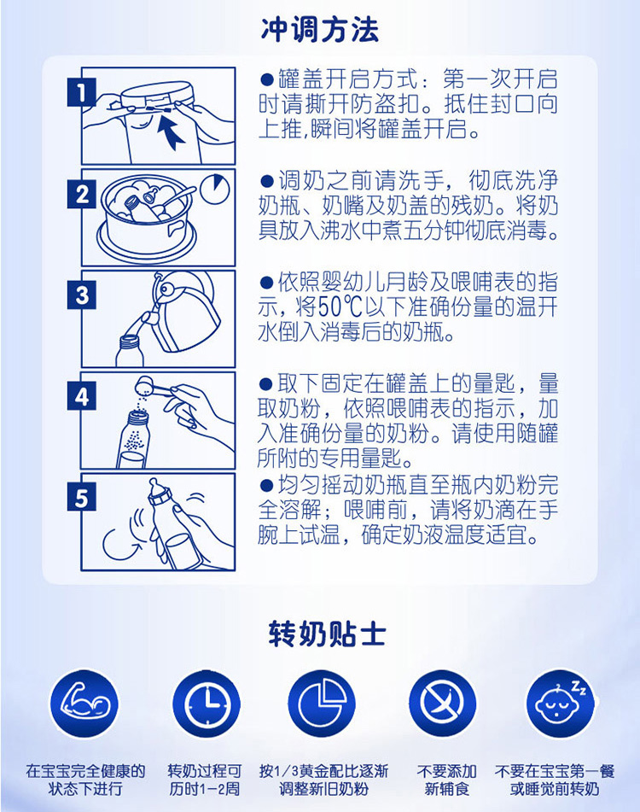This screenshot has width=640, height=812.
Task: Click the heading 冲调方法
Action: [320, 29]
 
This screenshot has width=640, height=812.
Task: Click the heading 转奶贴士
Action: [327, 634]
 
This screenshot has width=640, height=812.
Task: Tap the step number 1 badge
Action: [81, 93]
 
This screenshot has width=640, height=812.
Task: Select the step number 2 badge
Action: [81, 195]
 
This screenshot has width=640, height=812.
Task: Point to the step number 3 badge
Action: [81, 295]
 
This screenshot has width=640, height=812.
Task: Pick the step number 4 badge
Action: [81, 397]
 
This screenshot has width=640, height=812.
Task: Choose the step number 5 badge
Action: [81, 498]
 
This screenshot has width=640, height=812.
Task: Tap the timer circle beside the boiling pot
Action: [215, 190]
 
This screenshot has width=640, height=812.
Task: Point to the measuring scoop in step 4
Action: [153, 388]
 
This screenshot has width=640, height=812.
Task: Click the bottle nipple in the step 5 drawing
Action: [154, 487]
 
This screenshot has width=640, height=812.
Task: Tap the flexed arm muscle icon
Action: [84, 704]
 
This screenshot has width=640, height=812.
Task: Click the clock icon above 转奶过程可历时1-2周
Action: [205, 704]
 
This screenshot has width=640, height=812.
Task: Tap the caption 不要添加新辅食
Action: [446, 780]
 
